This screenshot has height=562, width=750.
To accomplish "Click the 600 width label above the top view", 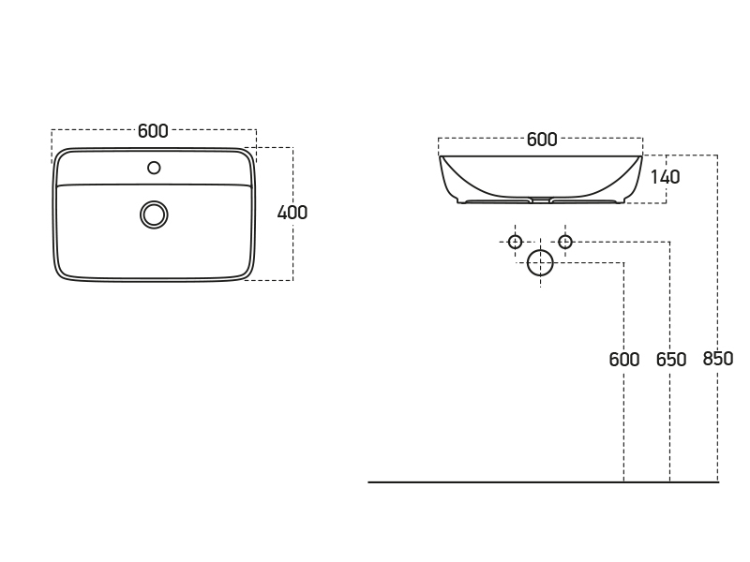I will (x=153, y=131).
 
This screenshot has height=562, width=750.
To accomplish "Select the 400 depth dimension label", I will (x=292, y=213).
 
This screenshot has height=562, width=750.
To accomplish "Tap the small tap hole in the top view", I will (x=154, y=168).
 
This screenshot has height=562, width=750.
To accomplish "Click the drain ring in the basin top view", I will (x=154, y=214).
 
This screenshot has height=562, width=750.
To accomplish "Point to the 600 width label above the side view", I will (x=542, y=140).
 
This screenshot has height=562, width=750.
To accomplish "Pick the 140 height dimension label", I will (x=664, y=177).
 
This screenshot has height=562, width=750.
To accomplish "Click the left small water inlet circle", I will (x=515, y=242).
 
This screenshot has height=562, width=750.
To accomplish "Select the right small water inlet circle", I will (x=565, y=242).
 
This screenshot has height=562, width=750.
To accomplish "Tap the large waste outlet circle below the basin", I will (x=541, y=263).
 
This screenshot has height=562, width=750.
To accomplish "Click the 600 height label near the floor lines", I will (x=624, y=360).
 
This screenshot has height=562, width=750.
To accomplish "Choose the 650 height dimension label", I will (x=671, y=360).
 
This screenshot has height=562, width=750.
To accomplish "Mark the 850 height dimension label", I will (x=718, y=359).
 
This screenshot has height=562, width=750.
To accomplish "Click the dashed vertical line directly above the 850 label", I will (x=718, y=253).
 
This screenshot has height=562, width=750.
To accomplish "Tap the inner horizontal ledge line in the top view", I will (x=154, y=185).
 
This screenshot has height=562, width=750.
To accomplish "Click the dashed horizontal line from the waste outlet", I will (x=591, y=263).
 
